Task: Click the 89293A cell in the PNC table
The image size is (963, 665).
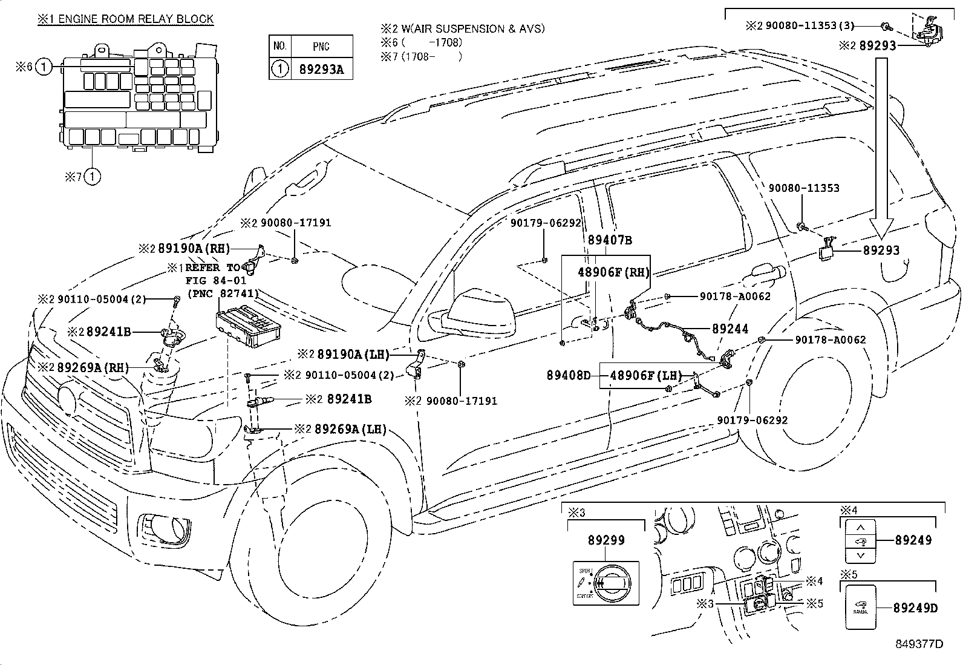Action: [321, 69]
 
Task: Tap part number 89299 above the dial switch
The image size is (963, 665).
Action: [606, 540]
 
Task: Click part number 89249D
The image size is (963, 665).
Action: [915, 608]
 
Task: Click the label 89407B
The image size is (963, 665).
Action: [610, 240]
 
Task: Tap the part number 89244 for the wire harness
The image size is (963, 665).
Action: [730, 329]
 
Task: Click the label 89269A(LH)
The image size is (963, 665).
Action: [356, 429]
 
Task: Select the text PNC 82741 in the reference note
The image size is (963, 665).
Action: [223, 293]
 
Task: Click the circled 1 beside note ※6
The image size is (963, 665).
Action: [44, 67]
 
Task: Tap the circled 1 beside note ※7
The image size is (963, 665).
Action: [92, 177]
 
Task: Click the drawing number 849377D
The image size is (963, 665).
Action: [920, 644]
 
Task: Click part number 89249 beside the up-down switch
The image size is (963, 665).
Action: [913, 540]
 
